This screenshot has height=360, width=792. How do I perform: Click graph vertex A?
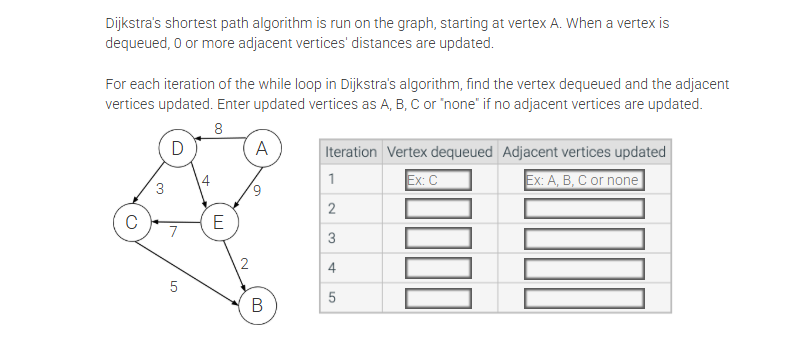point(261,149)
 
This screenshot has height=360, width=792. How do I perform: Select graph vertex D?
point(177,149)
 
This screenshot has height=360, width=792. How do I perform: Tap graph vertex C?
point(131,221)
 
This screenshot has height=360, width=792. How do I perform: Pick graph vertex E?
point(218,220)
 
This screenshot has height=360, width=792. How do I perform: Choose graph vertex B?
point(256,304)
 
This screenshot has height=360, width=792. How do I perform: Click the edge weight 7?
point(173,233)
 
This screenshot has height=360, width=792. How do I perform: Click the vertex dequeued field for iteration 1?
point(438,181)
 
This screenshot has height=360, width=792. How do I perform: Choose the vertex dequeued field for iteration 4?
point(438,268)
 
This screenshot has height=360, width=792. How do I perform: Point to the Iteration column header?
point(351,152)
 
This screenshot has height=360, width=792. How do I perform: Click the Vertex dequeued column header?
point(439,152)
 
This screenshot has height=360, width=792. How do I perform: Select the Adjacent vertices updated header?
point(584,152)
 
